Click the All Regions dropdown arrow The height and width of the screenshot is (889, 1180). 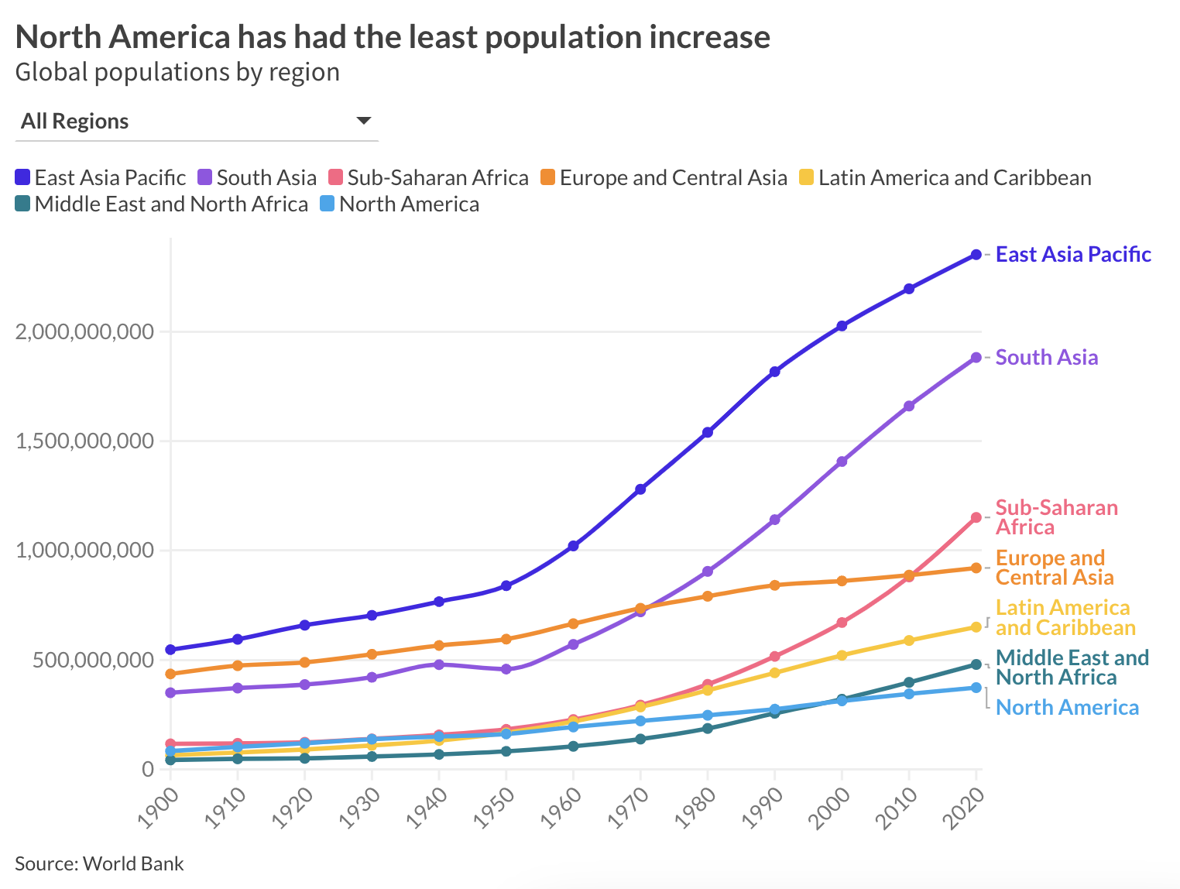coord(363,121)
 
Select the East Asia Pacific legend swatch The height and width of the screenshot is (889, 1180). coord(23,178)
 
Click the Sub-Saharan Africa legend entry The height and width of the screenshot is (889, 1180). coord(428,178)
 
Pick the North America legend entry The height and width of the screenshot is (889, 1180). coord(400,204)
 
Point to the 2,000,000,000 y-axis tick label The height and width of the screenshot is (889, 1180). coord(85,332)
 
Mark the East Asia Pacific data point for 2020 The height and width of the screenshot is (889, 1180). coord(976,255)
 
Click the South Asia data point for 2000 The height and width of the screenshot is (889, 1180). coord(842,462)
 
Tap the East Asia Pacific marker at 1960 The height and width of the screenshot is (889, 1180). coord(573,546)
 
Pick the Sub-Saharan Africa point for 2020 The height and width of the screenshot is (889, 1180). coord(976,517)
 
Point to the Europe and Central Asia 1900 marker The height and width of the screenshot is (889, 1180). coord(170,674)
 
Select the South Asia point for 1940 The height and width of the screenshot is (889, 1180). coord(439,664)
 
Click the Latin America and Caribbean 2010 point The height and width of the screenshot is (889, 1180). coord(909,640)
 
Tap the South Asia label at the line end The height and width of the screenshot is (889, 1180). coord(1046,358)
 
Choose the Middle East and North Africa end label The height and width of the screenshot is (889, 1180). coord(1072,668)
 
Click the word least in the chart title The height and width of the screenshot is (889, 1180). coord(563,37)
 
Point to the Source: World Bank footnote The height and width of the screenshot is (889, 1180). coord(99,863)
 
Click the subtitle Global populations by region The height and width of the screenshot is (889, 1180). coord(177,72)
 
